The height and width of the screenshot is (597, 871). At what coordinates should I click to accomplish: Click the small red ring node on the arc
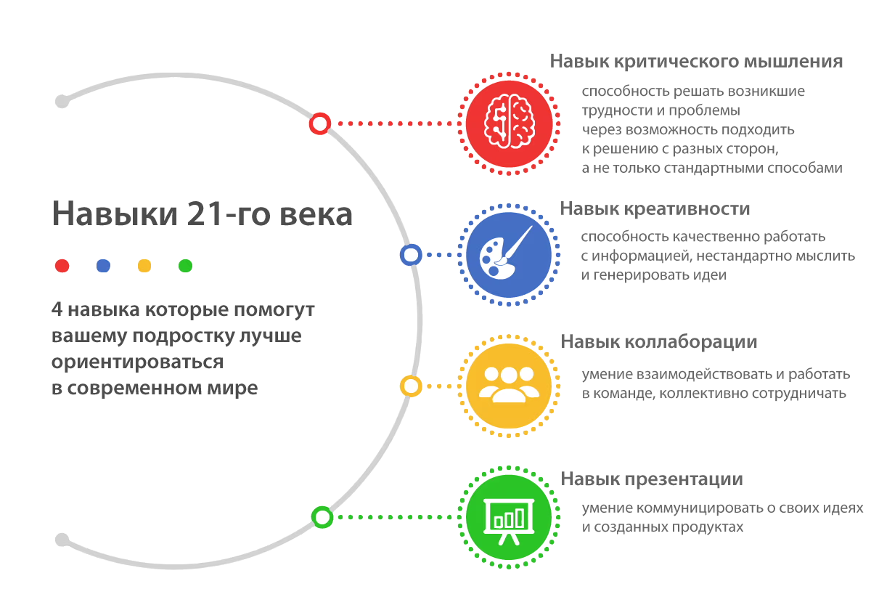click(x=319, y=123)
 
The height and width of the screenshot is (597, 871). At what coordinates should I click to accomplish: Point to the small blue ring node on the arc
click(x=411, y=255)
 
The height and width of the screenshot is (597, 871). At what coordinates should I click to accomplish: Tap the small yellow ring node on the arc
click(x=411, y=386)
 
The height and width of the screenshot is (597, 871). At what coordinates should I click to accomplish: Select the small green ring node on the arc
click(x=322, y=517)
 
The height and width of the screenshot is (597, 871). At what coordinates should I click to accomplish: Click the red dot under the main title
click(x=62, y=266)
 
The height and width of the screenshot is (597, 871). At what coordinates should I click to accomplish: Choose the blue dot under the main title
click(x=103, y=266)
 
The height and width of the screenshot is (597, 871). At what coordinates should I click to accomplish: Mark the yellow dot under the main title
click(x=144, y=266)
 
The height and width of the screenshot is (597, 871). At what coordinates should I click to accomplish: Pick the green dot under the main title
click(x=186, y=266)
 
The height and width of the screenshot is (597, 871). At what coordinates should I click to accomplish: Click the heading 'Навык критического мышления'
click(x=696, y=62)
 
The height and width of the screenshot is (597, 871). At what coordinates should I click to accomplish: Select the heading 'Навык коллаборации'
click(x=659, y=342)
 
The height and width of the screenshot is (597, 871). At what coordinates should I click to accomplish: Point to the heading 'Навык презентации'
click(x=652, y=479)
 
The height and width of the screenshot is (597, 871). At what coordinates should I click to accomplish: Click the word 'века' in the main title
click(x=314, y=215)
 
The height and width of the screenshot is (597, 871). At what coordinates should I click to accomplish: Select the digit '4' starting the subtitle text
click(x=57, y=309)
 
